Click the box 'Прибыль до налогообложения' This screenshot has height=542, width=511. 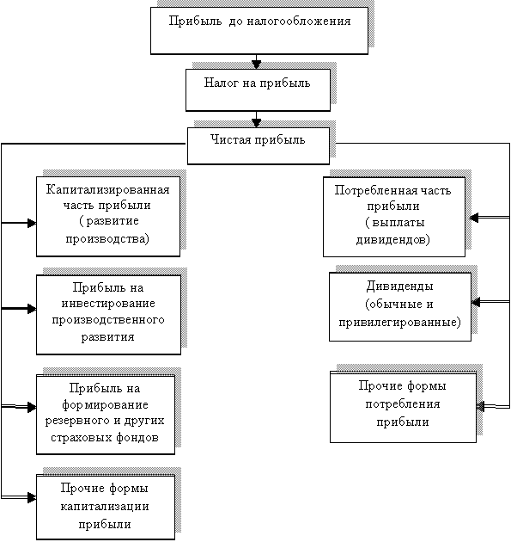[259, 31]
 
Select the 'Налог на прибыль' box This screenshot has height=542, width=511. [258, 89]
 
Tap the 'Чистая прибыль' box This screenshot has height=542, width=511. [259, 146]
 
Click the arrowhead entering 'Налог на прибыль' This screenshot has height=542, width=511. [256, 65]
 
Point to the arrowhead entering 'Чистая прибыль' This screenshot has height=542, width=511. [256, 123]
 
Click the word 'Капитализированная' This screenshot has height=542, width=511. [108, 190]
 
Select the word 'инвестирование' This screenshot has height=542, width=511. [108, 304]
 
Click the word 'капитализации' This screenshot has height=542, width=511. [105, 507]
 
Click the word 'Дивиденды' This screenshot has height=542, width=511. [399, 286]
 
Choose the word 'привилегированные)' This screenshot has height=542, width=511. [399, 322]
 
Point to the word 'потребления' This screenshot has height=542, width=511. [403, 404]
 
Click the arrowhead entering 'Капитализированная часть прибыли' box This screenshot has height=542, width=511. [32, 223]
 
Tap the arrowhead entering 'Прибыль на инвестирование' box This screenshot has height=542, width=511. [32, 309]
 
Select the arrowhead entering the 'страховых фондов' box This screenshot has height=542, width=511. [32, 407]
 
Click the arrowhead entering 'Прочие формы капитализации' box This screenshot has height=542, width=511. [32, 498]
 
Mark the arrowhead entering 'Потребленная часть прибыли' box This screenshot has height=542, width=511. [474, 218]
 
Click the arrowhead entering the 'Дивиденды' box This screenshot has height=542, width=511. [476, 303]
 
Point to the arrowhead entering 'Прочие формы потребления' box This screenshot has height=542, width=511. [481, 406]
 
